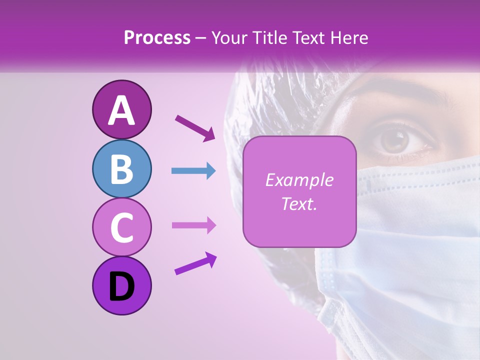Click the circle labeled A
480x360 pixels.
[121, 109]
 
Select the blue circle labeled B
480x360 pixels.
[121, 169]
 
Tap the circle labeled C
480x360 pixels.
[121, 227]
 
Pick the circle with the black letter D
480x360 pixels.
[121, 285]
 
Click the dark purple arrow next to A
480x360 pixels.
[195, 128]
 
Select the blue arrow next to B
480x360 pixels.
[193, 171]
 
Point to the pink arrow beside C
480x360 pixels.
[193, 225]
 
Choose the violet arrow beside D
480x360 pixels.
[195, 263]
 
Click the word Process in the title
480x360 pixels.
[157, 37]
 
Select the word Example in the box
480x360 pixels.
[299, 180]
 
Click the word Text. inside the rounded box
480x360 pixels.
[299, 203]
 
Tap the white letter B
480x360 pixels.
[121, 169]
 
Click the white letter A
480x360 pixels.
[121, 110]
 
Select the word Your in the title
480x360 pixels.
[228, 37]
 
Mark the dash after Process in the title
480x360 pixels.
[201, 38]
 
